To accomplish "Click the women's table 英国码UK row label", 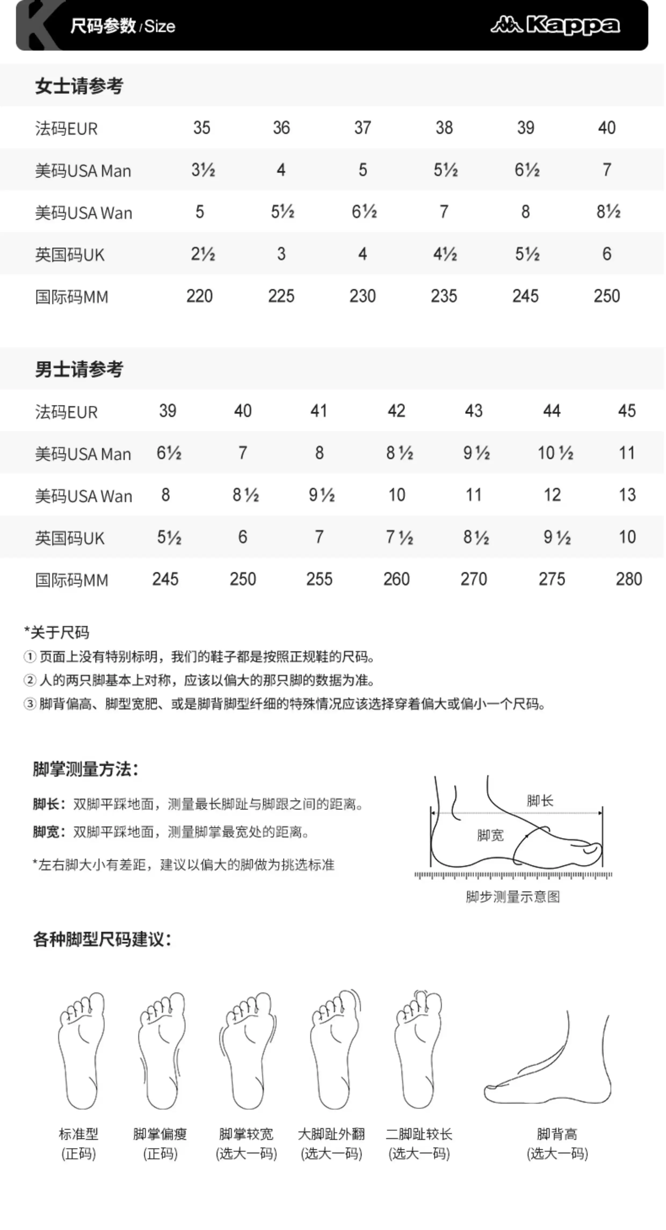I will tap(70, 255).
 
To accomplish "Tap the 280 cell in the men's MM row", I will tap(629, 579).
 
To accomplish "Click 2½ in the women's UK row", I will tap(203, 254).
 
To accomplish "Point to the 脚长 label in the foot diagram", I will tap(540, 801).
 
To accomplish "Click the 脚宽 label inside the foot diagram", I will tap(490, 835).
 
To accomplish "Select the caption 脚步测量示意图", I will tap(513, 897).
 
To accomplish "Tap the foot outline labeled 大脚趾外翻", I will tap(334, 1050).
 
